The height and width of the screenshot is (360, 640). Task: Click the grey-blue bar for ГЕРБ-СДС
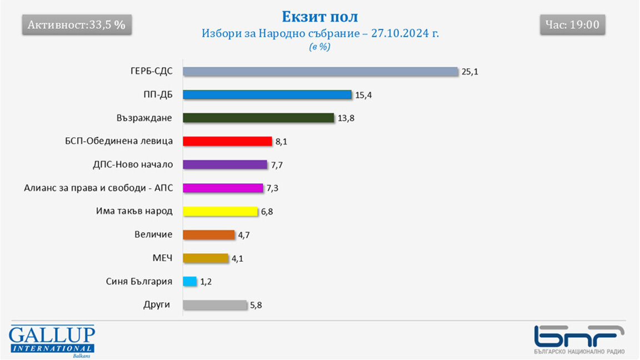click(321, 72)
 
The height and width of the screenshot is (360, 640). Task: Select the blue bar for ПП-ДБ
click(267, 95)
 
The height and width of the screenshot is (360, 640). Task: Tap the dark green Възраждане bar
click(258, 118)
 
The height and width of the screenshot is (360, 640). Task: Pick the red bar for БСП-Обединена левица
click(227, 141)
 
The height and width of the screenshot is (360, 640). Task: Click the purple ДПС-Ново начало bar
click(225, 164)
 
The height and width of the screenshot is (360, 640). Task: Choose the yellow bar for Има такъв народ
click(221, 211)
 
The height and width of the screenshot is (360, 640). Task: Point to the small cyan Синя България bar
click(190, 281)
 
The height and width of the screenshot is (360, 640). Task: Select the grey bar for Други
click(214, 304)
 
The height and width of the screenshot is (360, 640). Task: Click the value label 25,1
click(469, 72)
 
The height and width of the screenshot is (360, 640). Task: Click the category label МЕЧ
click(162, 258)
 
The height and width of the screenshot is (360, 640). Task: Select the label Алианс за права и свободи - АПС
click(98, 188)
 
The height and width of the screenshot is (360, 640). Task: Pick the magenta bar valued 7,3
click(223, 188)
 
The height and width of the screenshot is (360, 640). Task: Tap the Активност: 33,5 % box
click(77, 25)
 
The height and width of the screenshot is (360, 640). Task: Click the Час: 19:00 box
click(572, 25)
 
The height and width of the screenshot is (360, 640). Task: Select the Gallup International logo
click(52, 340)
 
